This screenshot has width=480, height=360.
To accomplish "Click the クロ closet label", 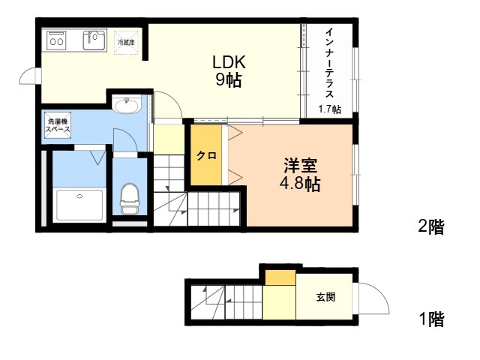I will pos(206,156).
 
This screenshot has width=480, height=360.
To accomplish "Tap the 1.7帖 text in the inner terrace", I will pos(329,109).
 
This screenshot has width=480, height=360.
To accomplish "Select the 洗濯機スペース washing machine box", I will pos(58,125).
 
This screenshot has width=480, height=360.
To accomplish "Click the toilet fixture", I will pos(130,199).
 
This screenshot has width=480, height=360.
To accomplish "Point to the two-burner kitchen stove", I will pos(57,41).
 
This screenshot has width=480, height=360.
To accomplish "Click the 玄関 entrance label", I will pos(325,297).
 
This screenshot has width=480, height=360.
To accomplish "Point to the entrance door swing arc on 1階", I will pos(375,300).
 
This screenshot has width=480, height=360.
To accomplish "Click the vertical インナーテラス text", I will pos(329,64).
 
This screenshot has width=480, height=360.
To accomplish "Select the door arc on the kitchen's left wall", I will pos(28,78).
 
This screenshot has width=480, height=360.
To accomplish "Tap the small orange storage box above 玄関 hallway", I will pos(280,277).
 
